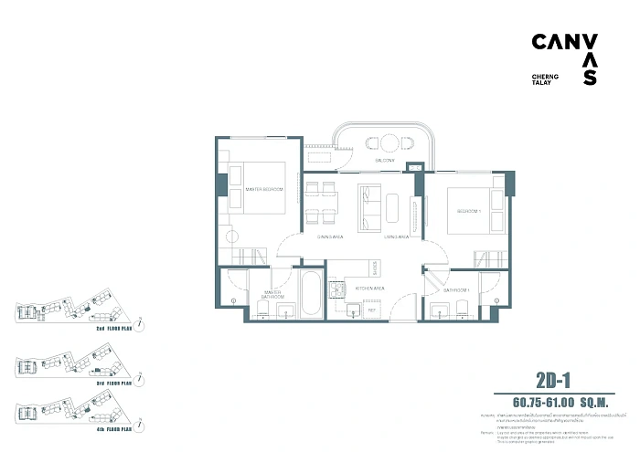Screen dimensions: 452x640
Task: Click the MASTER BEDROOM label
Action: pyautogui.click(x=264, y=189)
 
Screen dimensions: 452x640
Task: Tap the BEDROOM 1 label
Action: pyautogui.click(x=463, y=211)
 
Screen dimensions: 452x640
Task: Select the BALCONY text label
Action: pyautogui.click(x=384, y=161)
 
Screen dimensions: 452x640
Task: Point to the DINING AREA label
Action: pyautogui.click(x=304, y=237)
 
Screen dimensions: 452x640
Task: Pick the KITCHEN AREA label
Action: pyautogui.click(x=370, y=288)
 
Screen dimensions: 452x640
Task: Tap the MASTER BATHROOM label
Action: pyautogui.click(x=272, y=294)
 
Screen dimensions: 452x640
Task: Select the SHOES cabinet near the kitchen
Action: pyautogui.click(x=376, y=265)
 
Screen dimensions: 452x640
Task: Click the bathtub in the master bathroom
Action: pyautogui.click(x=311, y=294)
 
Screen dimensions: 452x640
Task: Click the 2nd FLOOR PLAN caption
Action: pyautogui.click(x=112, y=326)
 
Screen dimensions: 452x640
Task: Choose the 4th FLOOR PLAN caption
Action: pyautogui.click(x=112, y=426)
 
